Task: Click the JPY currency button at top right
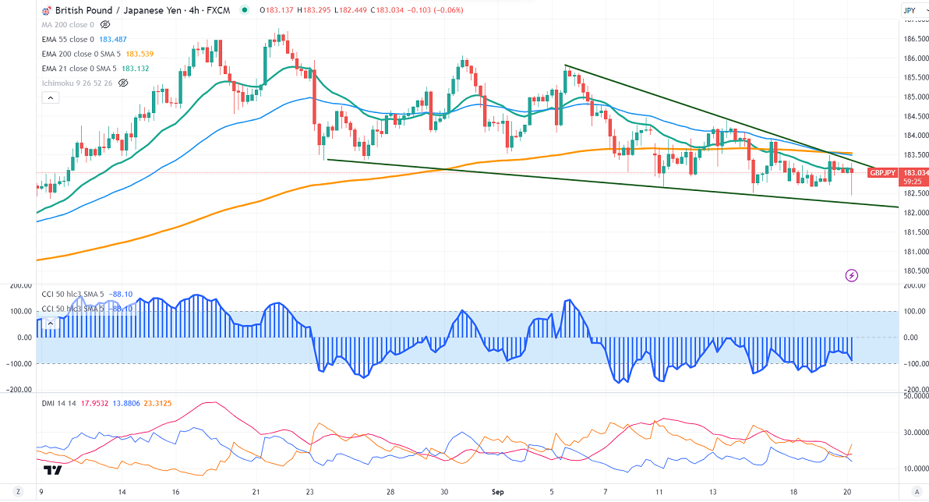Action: click(909, 11)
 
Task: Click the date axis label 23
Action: click(309, 493)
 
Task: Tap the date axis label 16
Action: click(177, 493)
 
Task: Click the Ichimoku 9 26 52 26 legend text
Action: click(76, 83)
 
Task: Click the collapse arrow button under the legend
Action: click(50, 97)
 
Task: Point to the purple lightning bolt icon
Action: click(852, 275)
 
